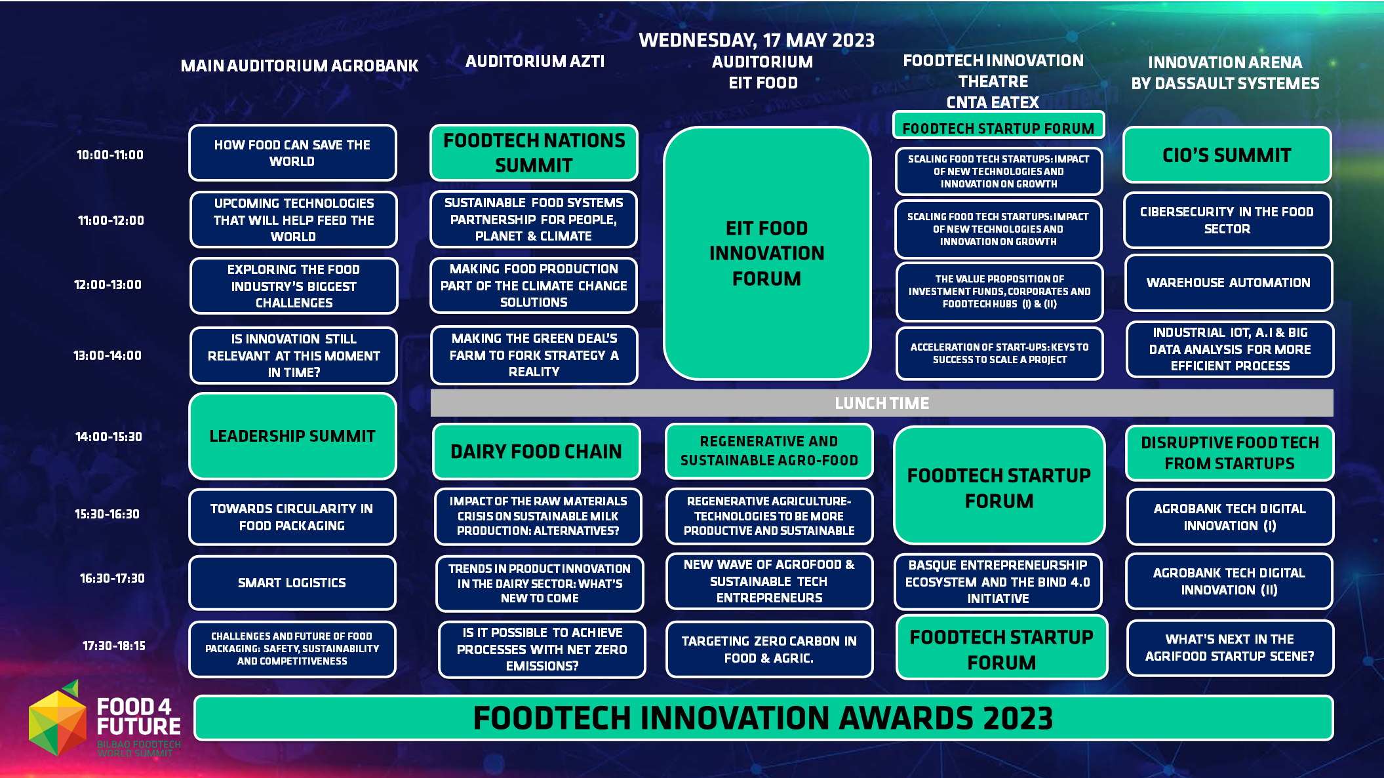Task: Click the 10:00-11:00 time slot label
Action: coord(109,155)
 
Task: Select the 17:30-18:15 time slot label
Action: coord(113,646)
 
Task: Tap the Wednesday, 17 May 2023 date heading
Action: coord(757,41)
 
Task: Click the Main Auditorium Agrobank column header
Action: coord(299,66)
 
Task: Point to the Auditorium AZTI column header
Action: coord(535,62)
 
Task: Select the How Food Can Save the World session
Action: coord(292,153)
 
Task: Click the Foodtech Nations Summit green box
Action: coord(534,153)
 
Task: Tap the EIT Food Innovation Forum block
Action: coord(767,253)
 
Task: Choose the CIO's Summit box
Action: coord(1227,155)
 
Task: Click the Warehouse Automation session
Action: coord(1229,283)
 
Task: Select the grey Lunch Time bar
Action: coord(882,403)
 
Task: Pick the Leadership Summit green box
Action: coord(292,436)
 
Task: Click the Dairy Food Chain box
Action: coord(536,452)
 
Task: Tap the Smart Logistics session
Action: coord(292,583)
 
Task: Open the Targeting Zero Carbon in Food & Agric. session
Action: coord(769,650)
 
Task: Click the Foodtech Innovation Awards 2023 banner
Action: coord(764,718)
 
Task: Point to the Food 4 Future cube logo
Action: coord(58,718)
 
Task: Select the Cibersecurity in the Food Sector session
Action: coord(1227,220)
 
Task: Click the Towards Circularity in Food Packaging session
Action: coord(292,517)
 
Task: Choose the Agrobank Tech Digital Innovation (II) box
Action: coord(1230,581)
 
